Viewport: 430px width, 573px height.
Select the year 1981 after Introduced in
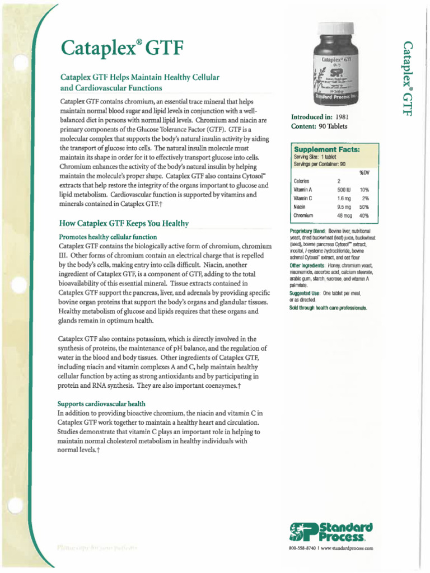click(x=342, y=118)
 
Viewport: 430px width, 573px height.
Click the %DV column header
click(x=364, y=172)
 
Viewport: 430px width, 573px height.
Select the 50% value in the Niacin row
click(x=364, y=206)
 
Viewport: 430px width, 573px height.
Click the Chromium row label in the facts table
click(x=303, y=215)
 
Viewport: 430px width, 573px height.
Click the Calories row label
click(x=301, y=181)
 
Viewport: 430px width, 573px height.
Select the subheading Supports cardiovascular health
click(x=102, y=403)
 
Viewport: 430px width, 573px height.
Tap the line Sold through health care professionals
click(x=328, y=308)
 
